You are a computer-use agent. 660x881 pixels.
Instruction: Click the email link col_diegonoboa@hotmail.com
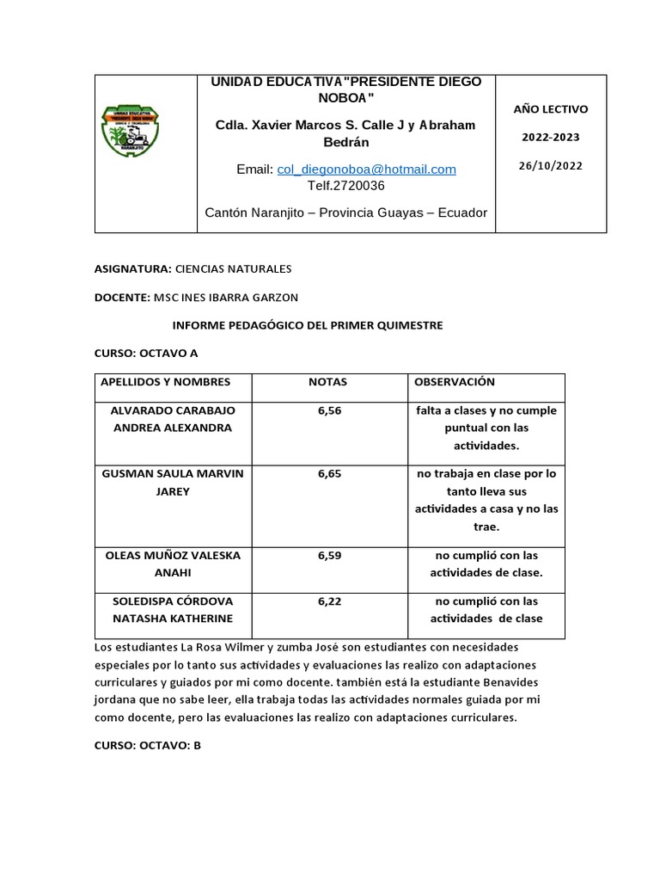pos(366,169)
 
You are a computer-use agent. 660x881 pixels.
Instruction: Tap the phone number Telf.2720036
pos(346,185)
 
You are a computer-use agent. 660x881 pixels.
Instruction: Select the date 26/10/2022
pos(550,166)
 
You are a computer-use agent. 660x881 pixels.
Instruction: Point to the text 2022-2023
pos(550,138)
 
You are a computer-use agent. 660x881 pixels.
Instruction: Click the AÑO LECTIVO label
pos(550,109)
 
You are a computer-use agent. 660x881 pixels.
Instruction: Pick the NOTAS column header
pos(328,382)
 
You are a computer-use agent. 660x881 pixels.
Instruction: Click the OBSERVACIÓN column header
pos(455,382)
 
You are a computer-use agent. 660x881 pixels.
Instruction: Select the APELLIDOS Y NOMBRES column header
pos(166,382)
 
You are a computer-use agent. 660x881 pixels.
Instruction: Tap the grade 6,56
pos(329,411)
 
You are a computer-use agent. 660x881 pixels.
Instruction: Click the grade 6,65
pos(329,474)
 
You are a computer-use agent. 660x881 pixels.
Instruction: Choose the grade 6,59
pos(329,556)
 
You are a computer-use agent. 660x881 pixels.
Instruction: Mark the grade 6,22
pos(329,601)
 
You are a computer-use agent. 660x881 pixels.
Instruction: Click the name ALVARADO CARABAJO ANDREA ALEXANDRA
pos(173,420)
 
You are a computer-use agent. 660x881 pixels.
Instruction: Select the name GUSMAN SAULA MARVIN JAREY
pos(173,483)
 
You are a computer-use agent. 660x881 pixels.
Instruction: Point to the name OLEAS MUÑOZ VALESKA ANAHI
pos(173,564)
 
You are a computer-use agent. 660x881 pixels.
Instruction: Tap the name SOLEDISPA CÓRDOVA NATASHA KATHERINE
pos(173,610)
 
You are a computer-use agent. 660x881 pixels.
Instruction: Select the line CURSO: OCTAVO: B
pos(147,745)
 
